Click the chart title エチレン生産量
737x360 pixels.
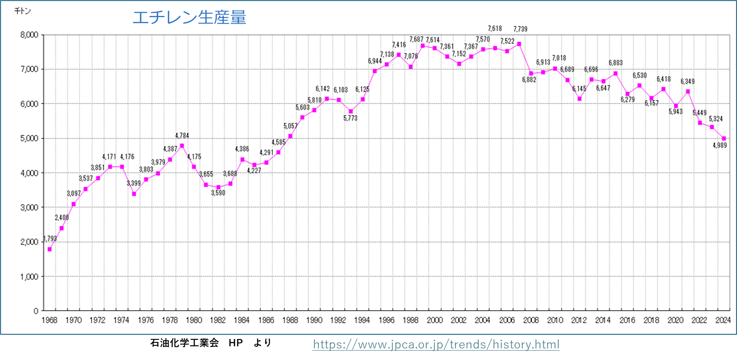[189, 18]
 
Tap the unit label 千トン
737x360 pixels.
[22, 11]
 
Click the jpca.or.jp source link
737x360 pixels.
[436, 345]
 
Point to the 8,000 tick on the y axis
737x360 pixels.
[29, 35]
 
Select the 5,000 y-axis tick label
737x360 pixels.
[29, 138]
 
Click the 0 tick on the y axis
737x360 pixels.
[36, 311]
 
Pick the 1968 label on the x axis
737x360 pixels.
[49, 320]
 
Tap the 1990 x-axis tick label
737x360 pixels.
[314, 320]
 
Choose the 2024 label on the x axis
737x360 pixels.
[723, 320]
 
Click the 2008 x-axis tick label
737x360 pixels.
[531, 320]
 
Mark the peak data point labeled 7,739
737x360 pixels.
[519, 44]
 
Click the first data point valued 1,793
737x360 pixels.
[50, 249]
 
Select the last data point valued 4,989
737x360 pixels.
[724, 138]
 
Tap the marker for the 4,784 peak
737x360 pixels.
[182, 146]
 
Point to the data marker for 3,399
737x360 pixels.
[134, 194]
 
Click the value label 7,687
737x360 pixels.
[416, 39]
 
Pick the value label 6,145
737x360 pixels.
[579, 89]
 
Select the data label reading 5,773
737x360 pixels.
[350, 118]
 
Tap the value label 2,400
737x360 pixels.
[62, 218]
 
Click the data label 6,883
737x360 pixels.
[615, 63]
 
